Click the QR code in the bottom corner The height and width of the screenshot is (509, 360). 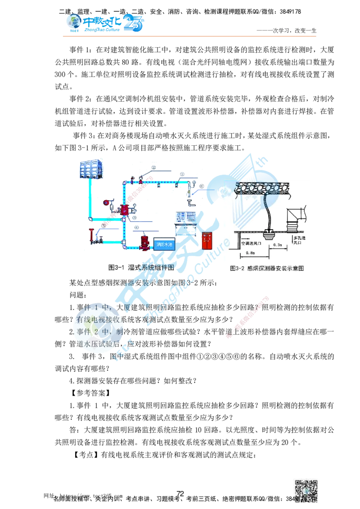coord(306,489)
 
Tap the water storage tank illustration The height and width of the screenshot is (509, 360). coord(90,169)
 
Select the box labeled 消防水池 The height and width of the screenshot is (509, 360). coord(165,245)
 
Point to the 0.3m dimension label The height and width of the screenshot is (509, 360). coord(279,245)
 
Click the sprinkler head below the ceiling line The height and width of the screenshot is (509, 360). coord(269,233)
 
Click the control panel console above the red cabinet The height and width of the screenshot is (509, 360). coord(185,217)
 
